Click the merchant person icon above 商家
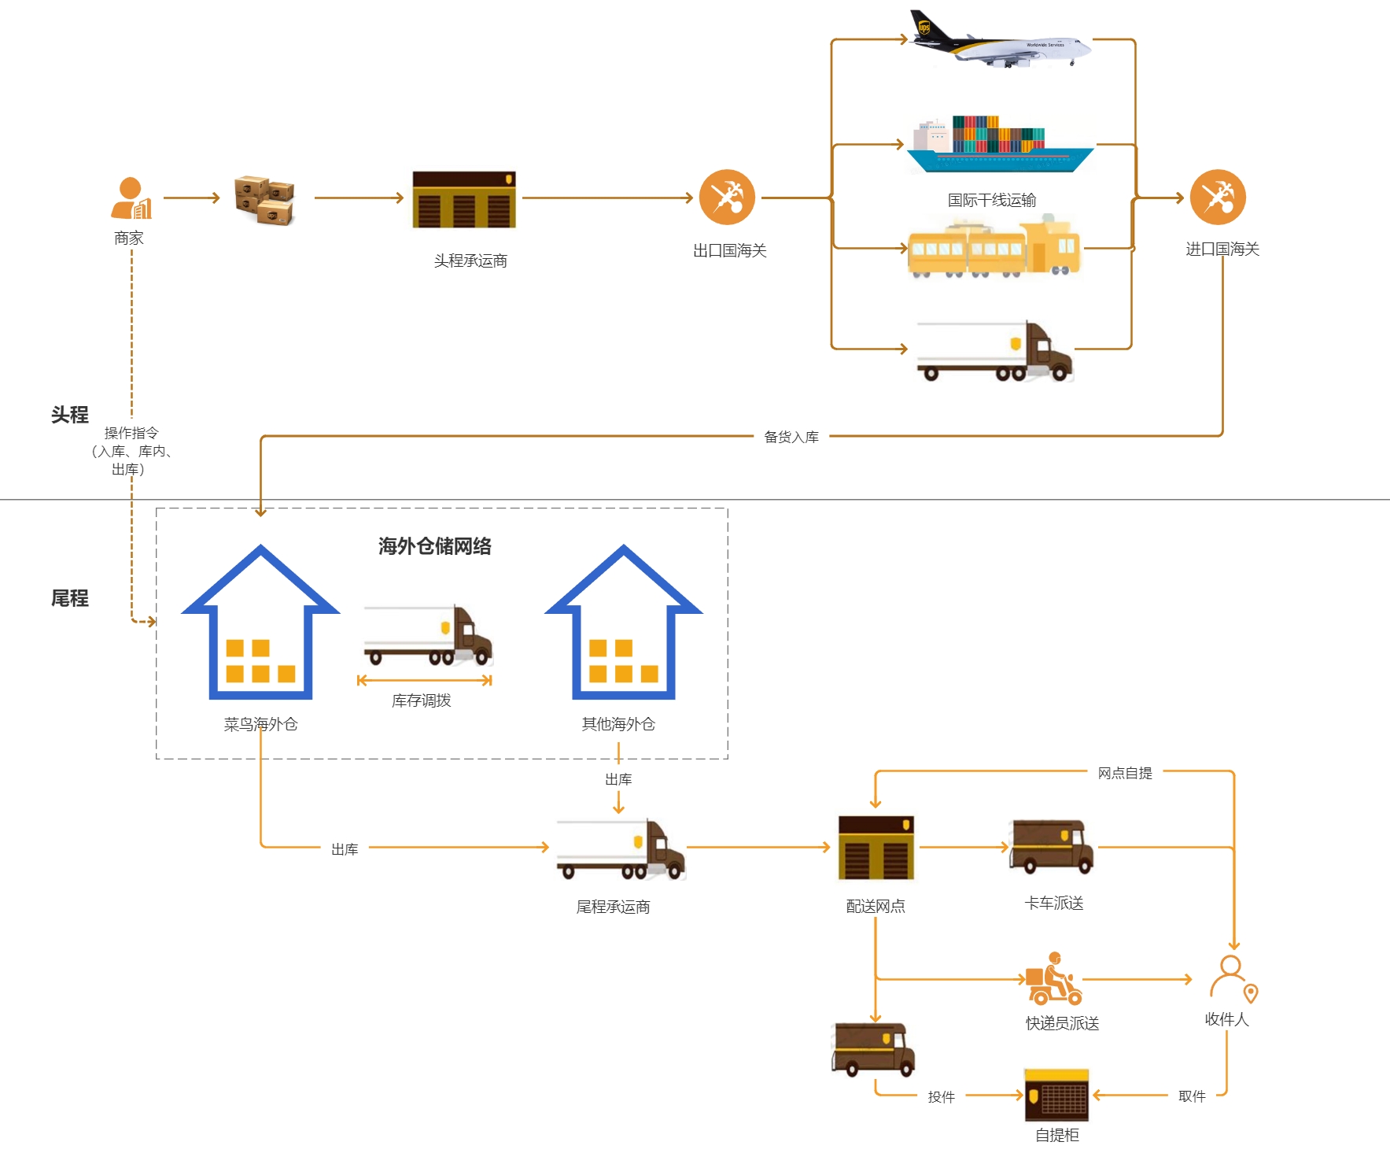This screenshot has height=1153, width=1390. tap(131, 198)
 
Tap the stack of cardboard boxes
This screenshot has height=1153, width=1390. tap(264, 200)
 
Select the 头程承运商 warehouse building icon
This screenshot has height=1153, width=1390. tap(464, 200)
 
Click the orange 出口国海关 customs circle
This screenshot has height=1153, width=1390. tap(727, 198)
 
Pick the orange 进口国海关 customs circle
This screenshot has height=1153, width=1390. tap(1218, 198)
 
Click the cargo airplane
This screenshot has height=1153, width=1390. tap(1000, 39)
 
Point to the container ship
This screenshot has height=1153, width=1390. tap(1000, 144)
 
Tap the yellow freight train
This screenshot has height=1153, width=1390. tap(994, 247)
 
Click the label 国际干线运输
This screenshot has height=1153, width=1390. tap(992, 200)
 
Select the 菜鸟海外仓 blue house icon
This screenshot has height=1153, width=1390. tap(260, 622)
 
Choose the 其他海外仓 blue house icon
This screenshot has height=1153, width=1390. tap(624, 622)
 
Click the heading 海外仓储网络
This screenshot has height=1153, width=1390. tap(435, 546)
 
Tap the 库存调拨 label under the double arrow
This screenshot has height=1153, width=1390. tap(422, 700)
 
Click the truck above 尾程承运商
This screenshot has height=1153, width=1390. tap(621, 849)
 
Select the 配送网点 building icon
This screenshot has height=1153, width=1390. tap(876, 848)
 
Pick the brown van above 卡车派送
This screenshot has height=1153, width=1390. tap(1052, 847)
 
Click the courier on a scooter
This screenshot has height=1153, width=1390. tap(1054, 979)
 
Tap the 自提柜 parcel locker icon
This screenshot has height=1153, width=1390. tap(1056, 1095)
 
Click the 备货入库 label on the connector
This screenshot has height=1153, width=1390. tap(791, 437)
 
